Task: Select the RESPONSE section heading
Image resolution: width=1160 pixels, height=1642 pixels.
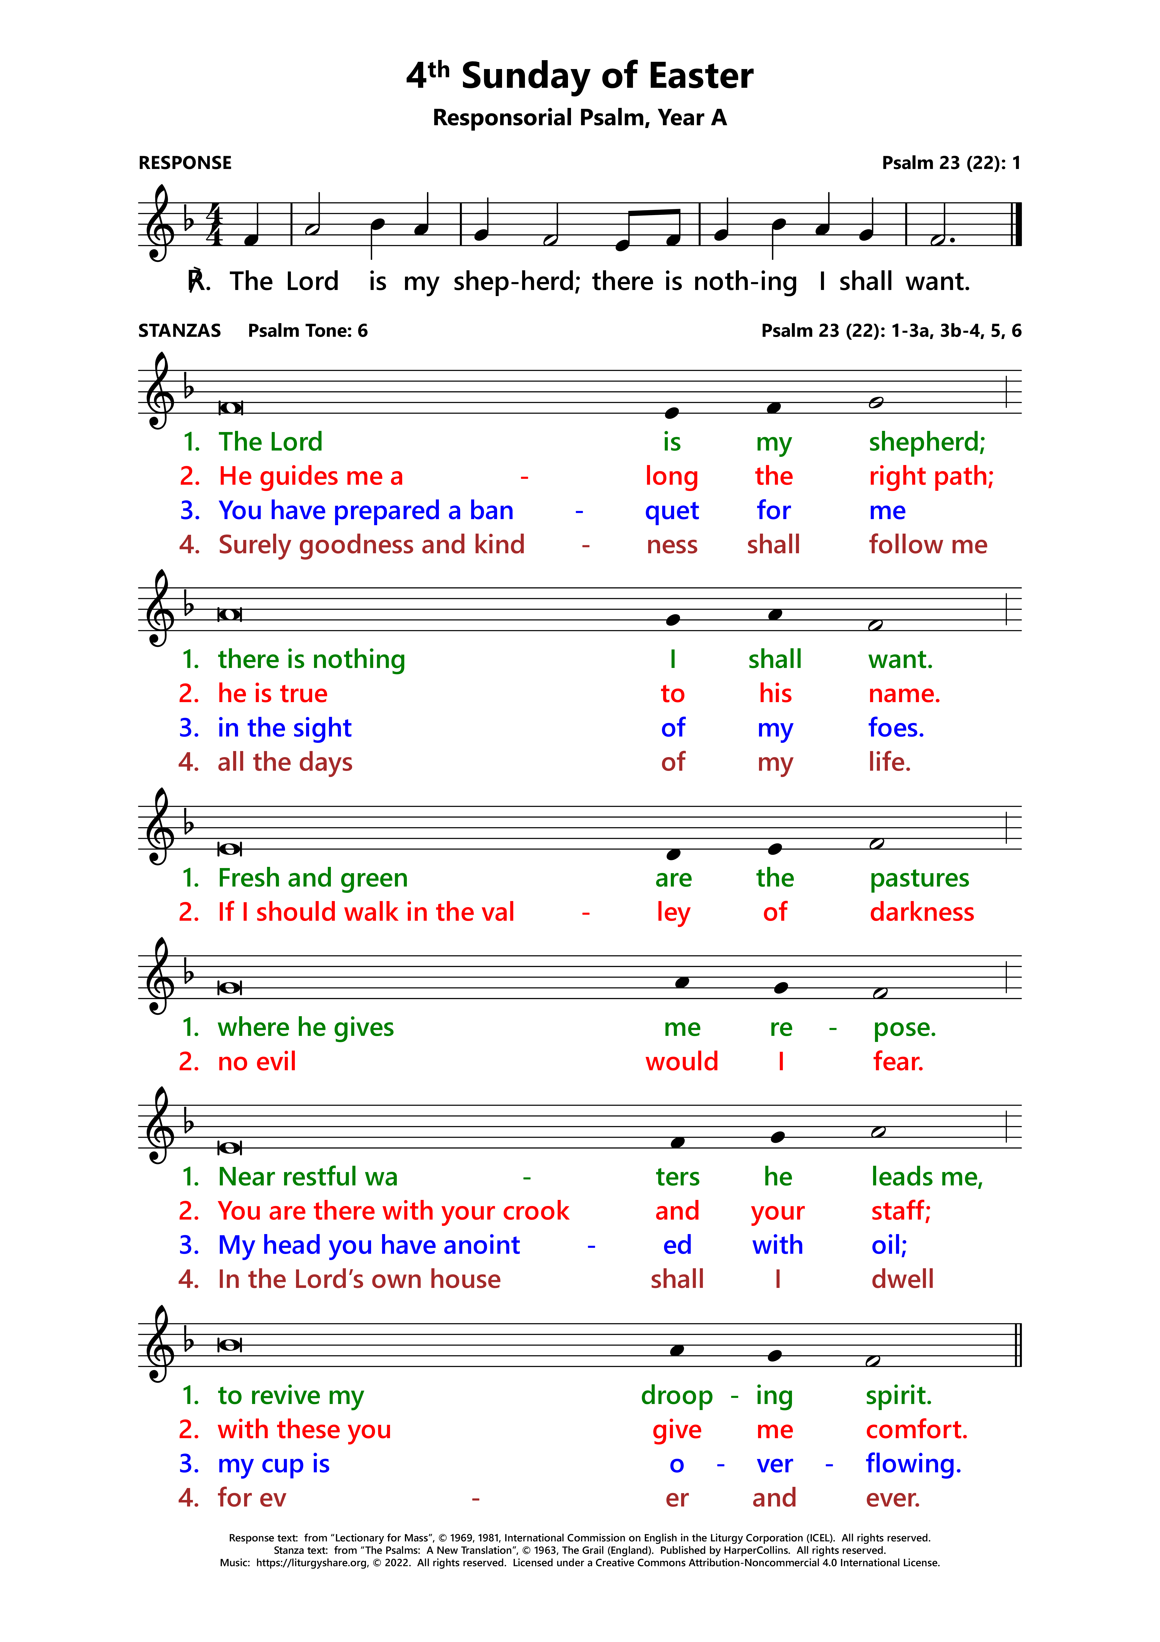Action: pyautogui.click(x=185, y=163)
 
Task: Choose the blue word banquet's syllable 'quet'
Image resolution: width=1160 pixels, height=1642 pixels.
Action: pyautogui.click(x=672, y=511)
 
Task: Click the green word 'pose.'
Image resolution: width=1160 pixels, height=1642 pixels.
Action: pyautogui.click(x=904, y=1028)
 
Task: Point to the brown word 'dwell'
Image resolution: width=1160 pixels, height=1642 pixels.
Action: pyautogui.click(x=902, y=1279)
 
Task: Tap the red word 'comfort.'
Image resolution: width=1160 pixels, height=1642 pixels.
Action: pyautogui.click(x=916, y=1429)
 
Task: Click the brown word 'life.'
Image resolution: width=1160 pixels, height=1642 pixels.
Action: pyautogui.click(x=889, y=762)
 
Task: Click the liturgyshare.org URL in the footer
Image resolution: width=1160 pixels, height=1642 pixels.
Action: pyautogui.click(x=312, y=1563)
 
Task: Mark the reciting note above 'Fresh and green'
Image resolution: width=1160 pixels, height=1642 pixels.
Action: pyautogui.click(x=229, y=849)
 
